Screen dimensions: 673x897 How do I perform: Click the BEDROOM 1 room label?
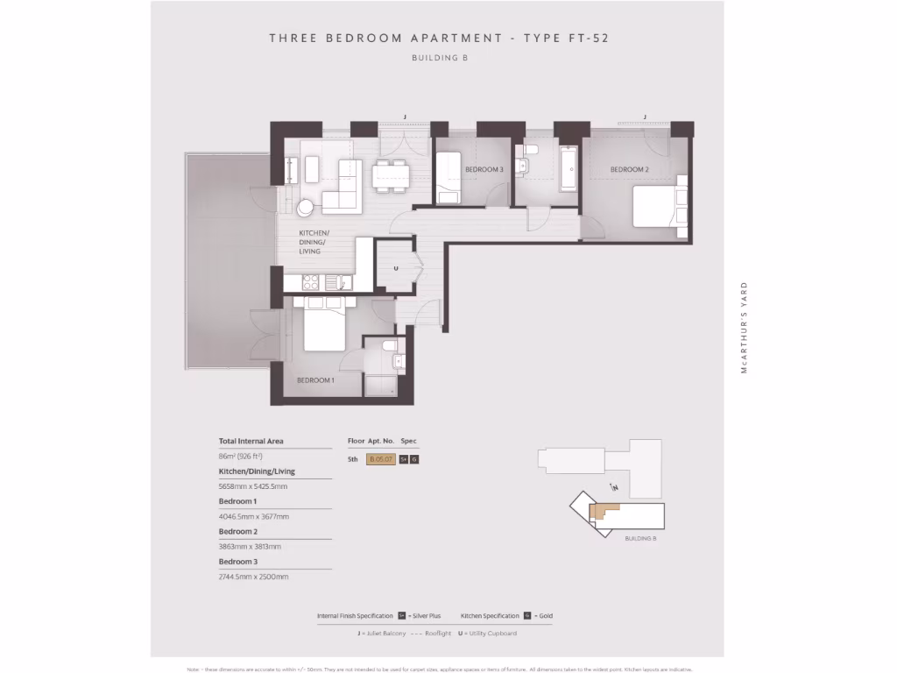[315, 380]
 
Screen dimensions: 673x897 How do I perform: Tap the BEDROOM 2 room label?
[629, 169]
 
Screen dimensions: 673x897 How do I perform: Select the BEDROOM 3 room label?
[484, 169]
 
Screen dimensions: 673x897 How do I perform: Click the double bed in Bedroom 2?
[658, 207]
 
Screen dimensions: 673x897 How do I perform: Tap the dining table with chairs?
[391, 175]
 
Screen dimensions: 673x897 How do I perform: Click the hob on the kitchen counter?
[310, 282]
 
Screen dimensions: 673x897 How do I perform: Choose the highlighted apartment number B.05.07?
[381, 459]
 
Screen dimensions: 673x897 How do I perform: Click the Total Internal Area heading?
[251, 442]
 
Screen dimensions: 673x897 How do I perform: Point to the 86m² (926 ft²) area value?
[241, 457]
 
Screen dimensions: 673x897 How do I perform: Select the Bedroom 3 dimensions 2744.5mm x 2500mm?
[253, 577]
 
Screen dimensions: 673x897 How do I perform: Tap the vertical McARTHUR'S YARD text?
[745, 328]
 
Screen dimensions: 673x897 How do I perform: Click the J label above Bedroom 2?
[645, 117]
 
